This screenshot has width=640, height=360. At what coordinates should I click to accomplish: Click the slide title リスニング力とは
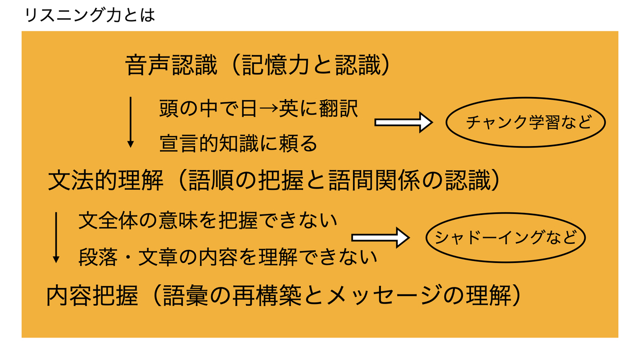90,14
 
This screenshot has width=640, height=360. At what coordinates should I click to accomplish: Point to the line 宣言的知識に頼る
238,142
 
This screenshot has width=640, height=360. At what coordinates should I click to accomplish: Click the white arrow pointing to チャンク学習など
404,123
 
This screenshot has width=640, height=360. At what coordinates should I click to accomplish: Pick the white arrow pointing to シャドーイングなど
380,237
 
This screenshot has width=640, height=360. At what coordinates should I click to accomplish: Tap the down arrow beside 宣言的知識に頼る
130,122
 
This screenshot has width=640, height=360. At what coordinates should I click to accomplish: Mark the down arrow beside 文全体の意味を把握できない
56,237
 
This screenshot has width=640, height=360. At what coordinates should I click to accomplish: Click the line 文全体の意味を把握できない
208,220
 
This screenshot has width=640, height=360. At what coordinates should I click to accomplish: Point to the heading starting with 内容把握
283,295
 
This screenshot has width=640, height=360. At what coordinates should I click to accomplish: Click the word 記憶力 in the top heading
273,66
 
